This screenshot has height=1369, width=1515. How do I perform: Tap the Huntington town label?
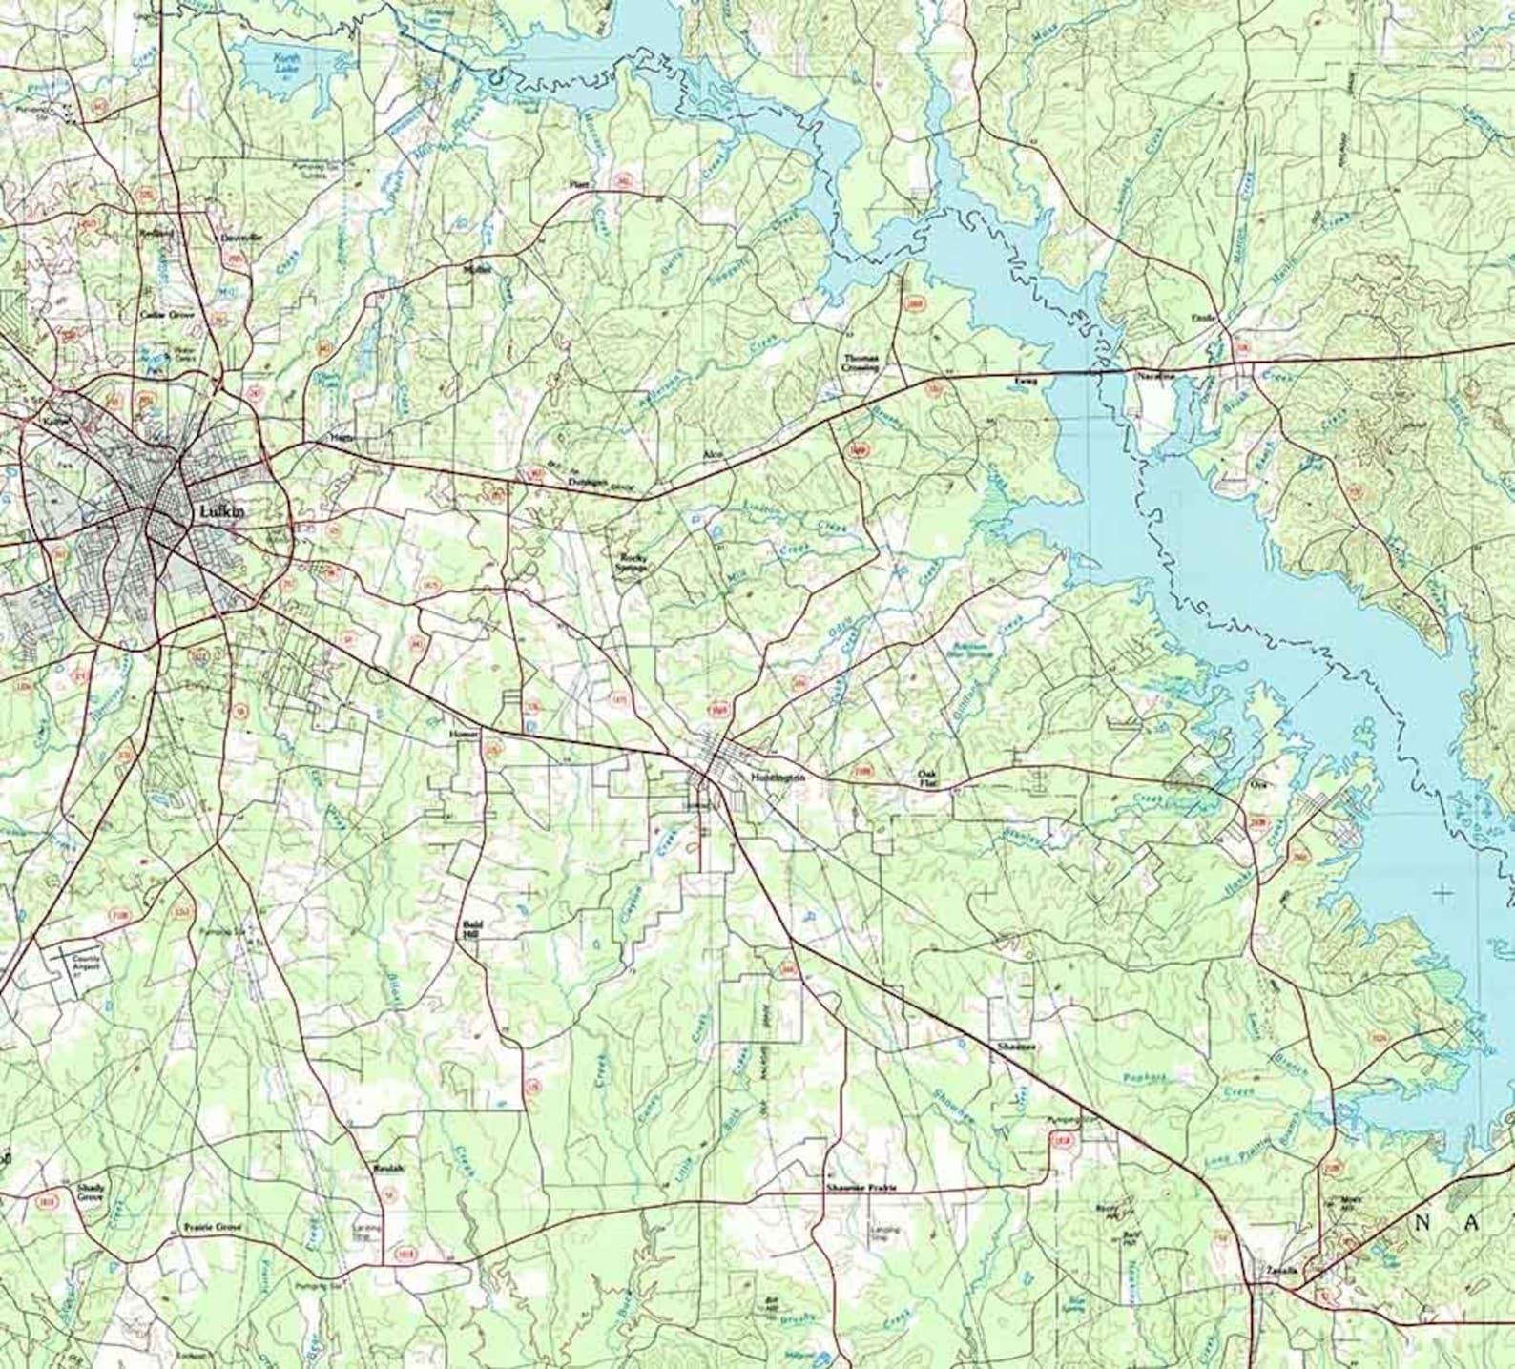[778, 777]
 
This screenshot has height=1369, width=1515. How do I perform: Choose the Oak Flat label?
[927, 778]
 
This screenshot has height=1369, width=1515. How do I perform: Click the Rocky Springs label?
[633, 562]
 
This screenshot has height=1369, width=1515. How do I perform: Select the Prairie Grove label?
[213, 1228]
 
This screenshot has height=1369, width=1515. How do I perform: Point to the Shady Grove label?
[91, 1192]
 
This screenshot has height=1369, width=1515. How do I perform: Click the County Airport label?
[86, 963]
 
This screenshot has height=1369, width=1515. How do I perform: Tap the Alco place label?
[710, 454]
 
